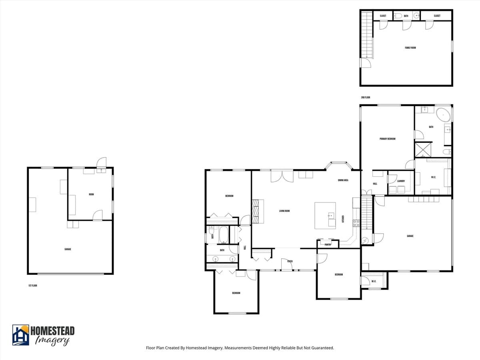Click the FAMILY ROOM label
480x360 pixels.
410,48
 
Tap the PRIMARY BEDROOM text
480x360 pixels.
387,139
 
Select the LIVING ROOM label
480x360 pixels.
284,211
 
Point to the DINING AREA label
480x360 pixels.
343,180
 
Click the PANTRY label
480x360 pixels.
328,244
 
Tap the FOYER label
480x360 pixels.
290,261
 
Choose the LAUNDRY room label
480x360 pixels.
401,181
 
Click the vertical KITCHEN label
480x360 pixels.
343,219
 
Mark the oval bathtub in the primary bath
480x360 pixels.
443,115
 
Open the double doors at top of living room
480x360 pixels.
282,176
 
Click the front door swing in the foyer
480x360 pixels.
287,264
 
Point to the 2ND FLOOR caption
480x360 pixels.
366,98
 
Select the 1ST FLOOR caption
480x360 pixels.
33,286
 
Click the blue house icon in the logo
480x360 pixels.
21,335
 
